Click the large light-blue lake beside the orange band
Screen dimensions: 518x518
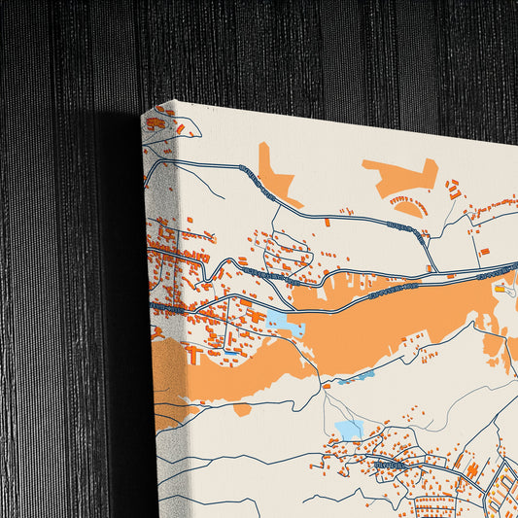tap(286, 325)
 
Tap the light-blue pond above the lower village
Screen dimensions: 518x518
tap(348, 429)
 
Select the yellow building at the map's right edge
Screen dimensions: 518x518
tap(501, 288)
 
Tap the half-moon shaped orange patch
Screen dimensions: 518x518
tap(409, 207)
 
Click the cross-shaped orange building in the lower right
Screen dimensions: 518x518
tap(473, 468)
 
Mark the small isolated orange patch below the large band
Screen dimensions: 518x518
tap(242, 409)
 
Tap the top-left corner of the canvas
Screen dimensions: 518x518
tap(143, 114)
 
